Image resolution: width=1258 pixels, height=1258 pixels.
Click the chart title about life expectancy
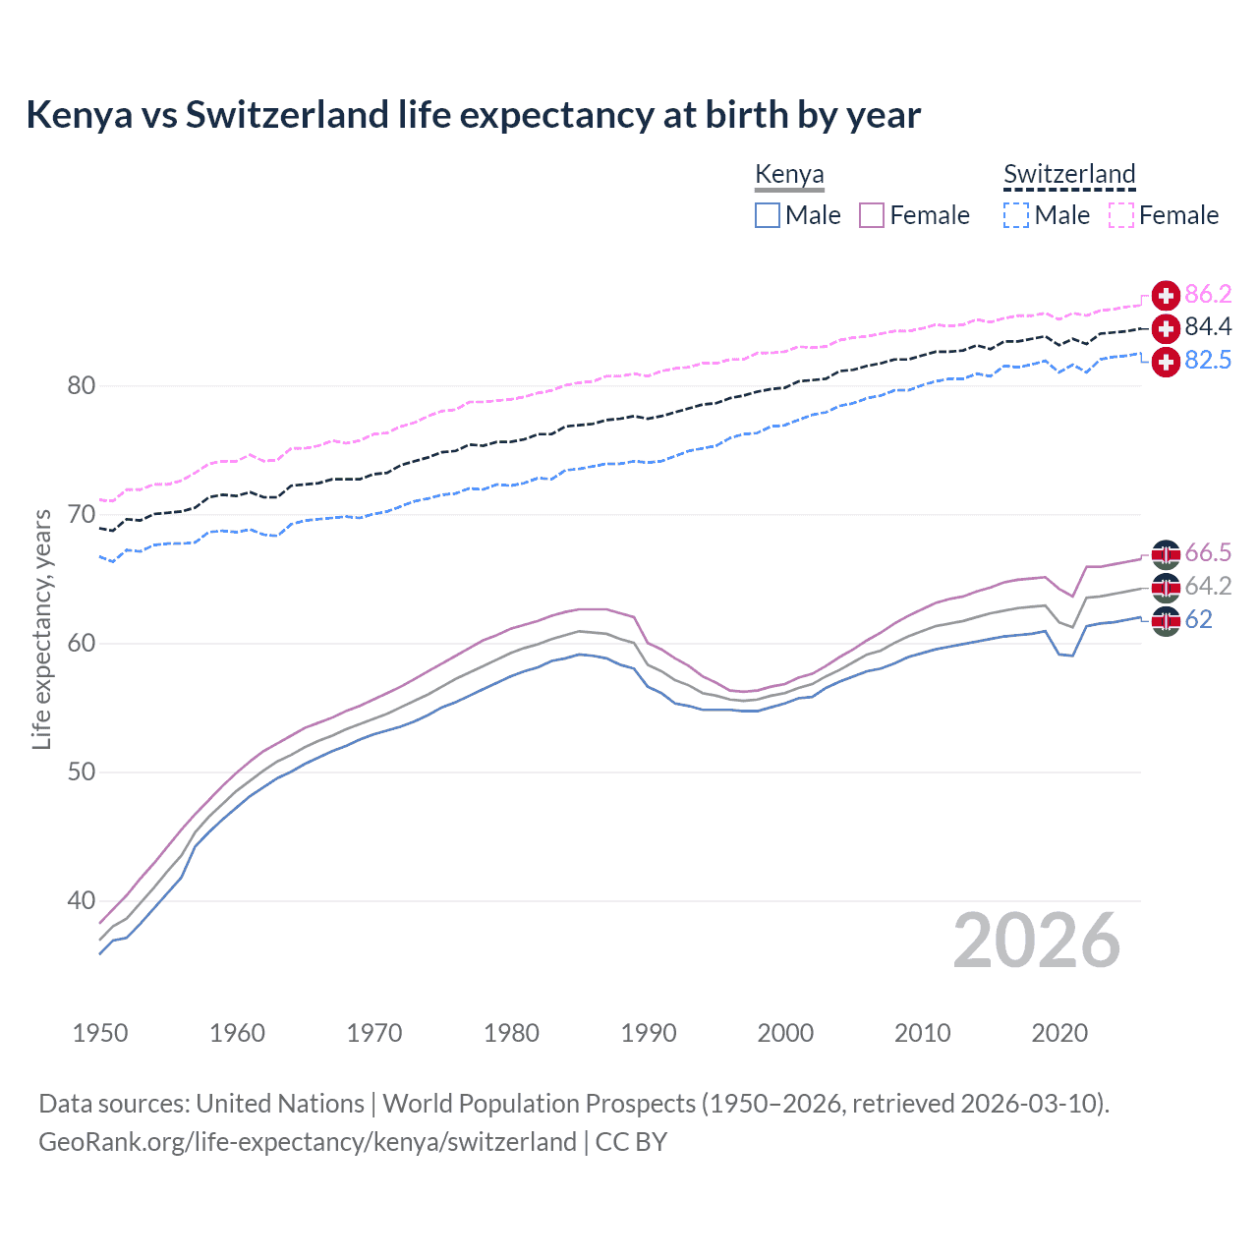[x=473, y=115]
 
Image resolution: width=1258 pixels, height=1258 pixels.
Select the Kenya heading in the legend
[x=789, y=174]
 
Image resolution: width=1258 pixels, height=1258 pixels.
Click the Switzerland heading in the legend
[x=1069, y=174]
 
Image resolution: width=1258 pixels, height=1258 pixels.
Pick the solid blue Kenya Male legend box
[x=768, y=215]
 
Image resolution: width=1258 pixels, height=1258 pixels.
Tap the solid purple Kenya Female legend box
[x=873, y=215]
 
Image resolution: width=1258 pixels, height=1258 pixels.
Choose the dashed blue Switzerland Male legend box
[x=1016, y=215]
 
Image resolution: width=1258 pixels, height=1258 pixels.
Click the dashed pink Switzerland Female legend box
[x=1121, y=215]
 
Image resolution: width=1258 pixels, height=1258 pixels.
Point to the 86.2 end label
[x=1208, y=295]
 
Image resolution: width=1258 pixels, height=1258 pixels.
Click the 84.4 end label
[x=1208, y=327]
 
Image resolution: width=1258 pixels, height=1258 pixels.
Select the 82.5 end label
[x=1208, y=361]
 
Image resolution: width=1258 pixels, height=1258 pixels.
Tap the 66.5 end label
[x=1208, y=553]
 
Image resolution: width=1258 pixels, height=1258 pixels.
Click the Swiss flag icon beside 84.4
[x=1166, y=328]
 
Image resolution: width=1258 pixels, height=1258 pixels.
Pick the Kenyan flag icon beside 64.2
[x=1166, y=588]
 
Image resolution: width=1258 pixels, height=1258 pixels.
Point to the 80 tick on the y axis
[x=82, y=385]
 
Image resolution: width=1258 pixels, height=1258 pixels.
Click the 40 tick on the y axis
[x=82, y=900]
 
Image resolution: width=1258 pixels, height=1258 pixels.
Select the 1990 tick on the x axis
[x=649, y=1033]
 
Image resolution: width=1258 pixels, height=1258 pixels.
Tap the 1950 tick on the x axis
[x=100, y=1033]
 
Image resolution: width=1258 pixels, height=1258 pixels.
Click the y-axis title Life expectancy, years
[x=41, y=629]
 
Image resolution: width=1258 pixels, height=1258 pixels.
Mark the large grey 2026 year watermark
[x=1036, y=941]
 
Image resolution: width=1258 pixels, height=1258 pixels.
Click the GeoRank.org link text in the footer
[x=308, y=1142]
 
